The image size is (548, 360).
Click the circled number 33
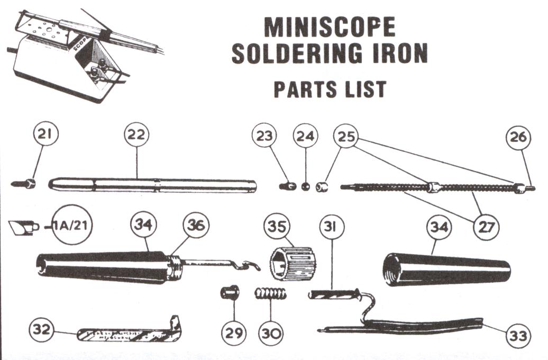(518, 335)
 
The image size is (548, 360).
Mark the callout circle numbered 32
(42, 330)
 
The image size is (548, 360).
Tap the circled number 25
(346, 136)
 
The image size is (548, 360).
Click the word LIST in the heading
(364, 88)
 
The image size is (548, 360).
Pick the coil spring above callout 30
(271, 293)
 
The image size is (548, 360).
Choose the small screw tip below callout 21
(24, 184)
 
